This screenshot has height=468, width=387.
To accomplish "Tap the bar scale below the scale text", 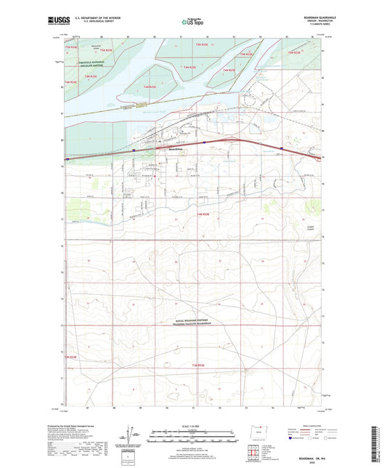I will (x=193, y=438).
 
